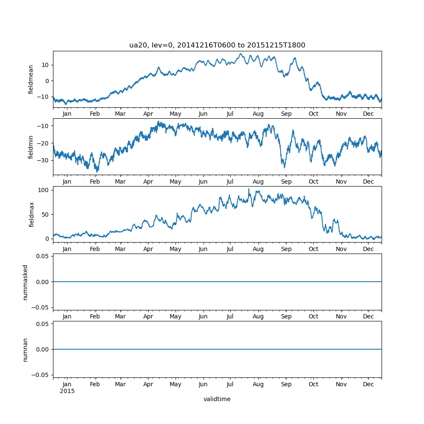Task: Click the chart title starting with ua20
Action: coord(217,45)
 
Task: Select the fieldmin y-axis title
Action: coord(31,147)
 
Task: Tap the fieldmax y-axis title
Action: coord(31,215)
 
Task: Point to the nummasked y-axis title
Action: coord(25,282)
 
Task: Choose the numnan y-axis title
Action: coord(25,349)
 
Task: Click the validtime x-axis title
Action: coord(217,399)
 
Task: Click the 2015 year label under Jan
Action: coord(67,391)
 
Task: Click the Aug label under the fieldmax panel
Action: coord(258,249)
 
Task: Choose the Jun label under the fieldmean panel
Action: coord(203,114)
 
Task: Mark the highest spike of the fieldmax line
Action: coord(249,189)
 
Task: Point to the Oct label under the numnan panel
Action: coord(313,384)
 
